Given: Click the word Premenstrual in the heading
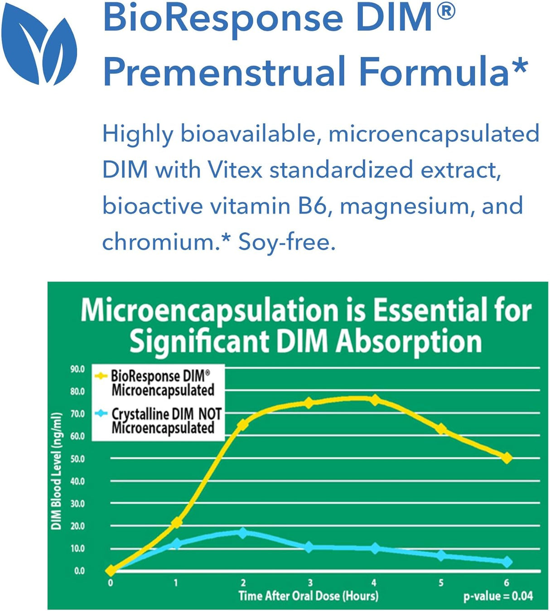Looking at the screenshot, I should tap(225, 72).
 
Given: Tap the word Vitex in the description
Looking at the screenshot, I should tap(235, 170).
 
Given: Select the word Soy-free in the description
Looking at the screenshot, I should tap(287, 242).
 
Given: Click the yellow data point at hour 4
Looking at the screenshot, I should tap(375, 400).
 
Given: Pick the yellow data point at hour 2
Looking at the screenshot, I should tap(243, 425).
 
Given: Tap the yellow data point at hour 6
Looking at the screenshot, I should tap(507, 458).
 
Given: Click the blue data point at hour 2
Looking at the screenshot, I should tap(243, 532).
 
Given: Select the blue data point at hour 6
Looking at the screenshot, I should tap(507, 562).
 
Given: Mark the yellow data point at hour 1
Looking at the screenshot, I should tap(176, 522).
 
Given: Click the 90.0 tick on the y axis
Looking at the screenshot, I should tap(77, 369).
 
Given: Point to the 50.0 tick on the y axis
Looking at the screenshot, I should tap(77, 459).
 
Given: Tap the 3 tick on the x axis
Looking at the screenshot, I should tap(310, 582).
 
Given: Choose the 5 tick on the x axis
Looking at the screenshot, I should tap(441, 582).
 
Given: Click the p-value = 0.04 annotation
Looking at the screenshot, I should tap(498, 596).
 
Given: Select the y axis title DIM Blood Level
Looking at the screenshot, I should tap(56, 471).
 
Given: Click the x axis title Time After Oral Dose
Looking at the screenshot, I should tap(308, 596).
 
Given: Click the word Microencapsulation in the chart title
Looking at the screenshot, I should tap(209, 311).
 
